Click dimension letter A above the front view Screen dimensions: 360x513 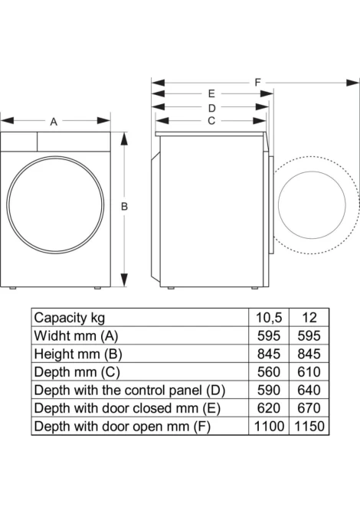tap(54, 122)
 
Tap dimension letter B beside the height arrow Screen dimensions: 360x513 tap(124, 207)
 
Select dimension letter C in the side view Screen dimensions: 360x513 tap(211, 121)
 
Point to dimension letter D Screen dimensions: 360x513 tap(212, 108)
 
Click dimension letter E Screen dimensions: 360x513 tap(211, 94)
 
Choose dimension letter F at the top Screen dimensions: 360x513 tap(258, 82)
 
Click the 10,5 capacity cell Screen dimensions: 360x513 tap(269, 318)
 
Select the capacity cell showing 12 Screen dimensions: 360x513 tap(309, 318)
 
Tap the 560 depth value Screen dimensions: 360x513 tap(269, 372)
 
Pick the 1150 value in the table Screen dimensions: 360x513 tap(309, 426)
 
